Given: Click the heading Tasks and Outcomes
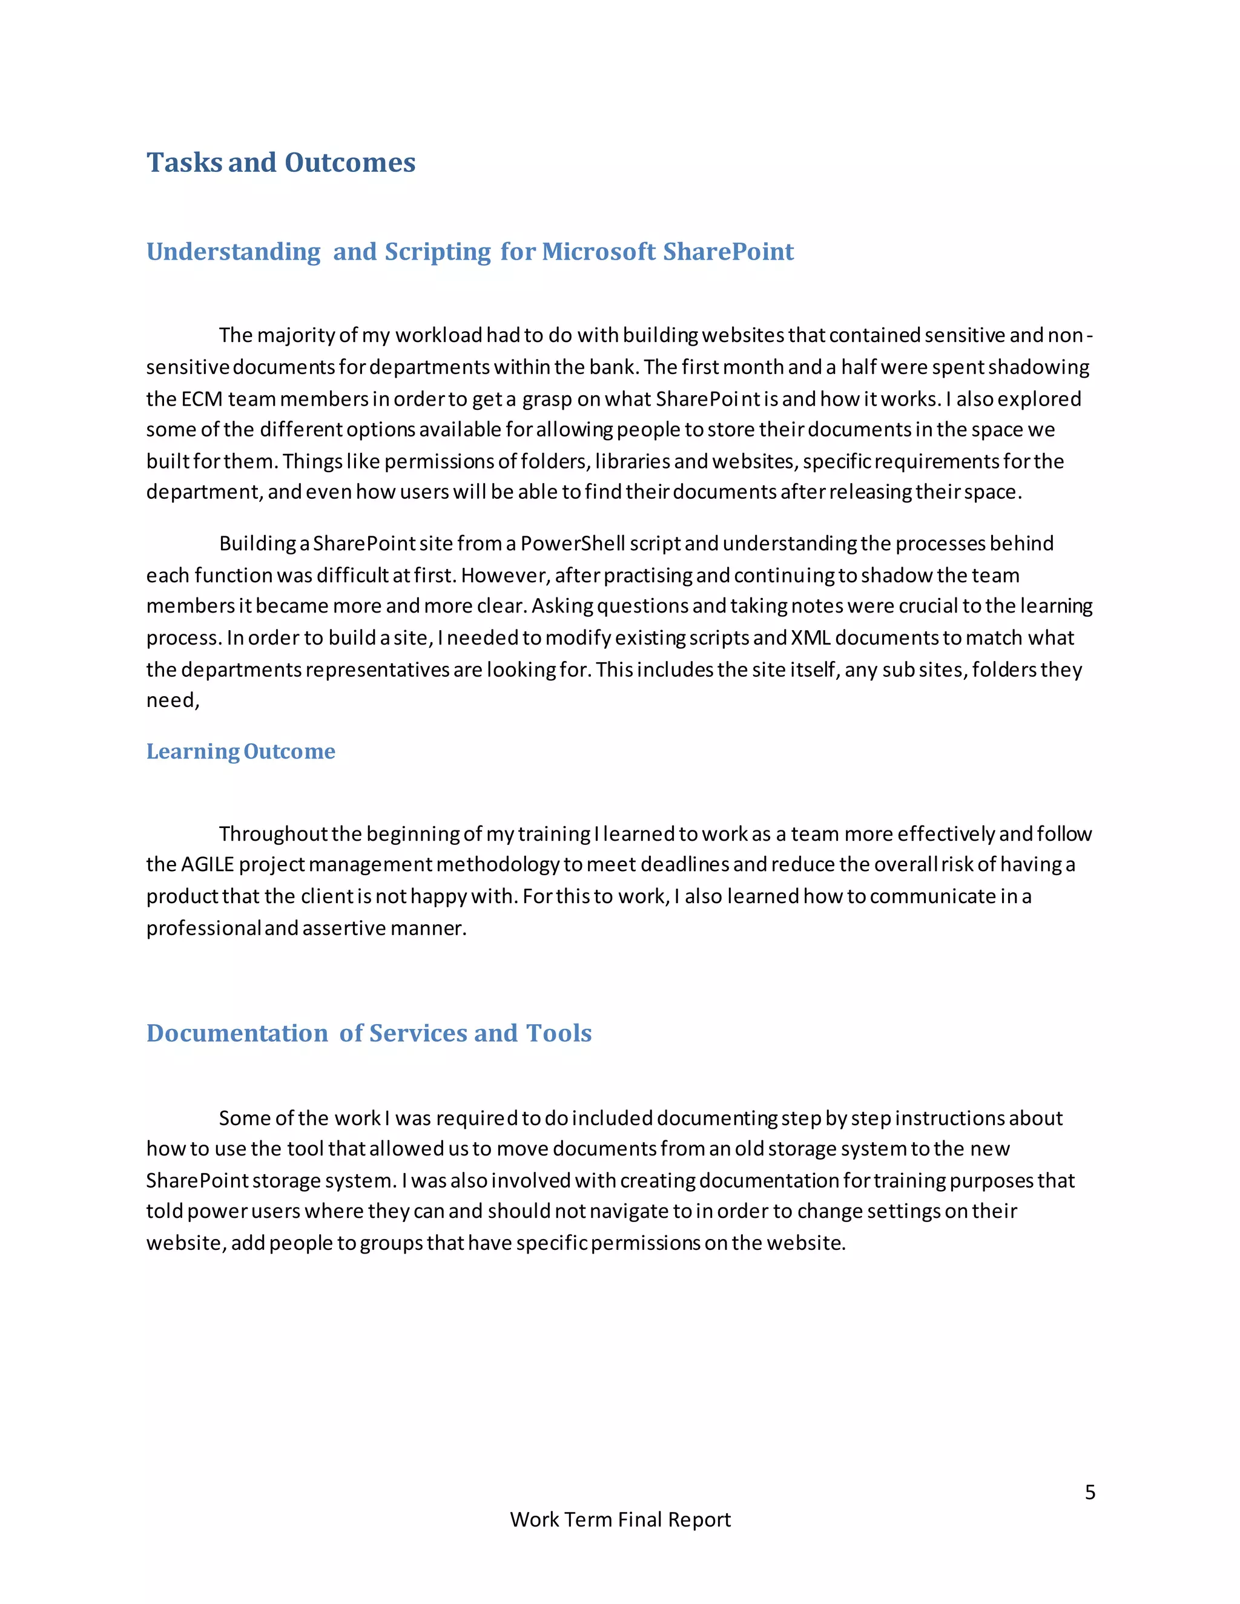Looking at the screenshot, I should click(280, 162).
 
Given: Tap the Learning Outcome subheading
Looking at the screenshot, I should click(240, 751).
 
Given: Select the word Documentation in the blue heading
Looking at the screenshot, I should click(237, 1033).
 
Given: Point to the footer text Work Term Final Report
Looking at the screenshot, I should click(620, 1519).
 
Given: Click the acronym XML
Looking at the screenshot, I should click(810, 637).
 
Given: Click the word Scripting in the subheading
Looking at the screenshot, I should click(437, 252).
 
